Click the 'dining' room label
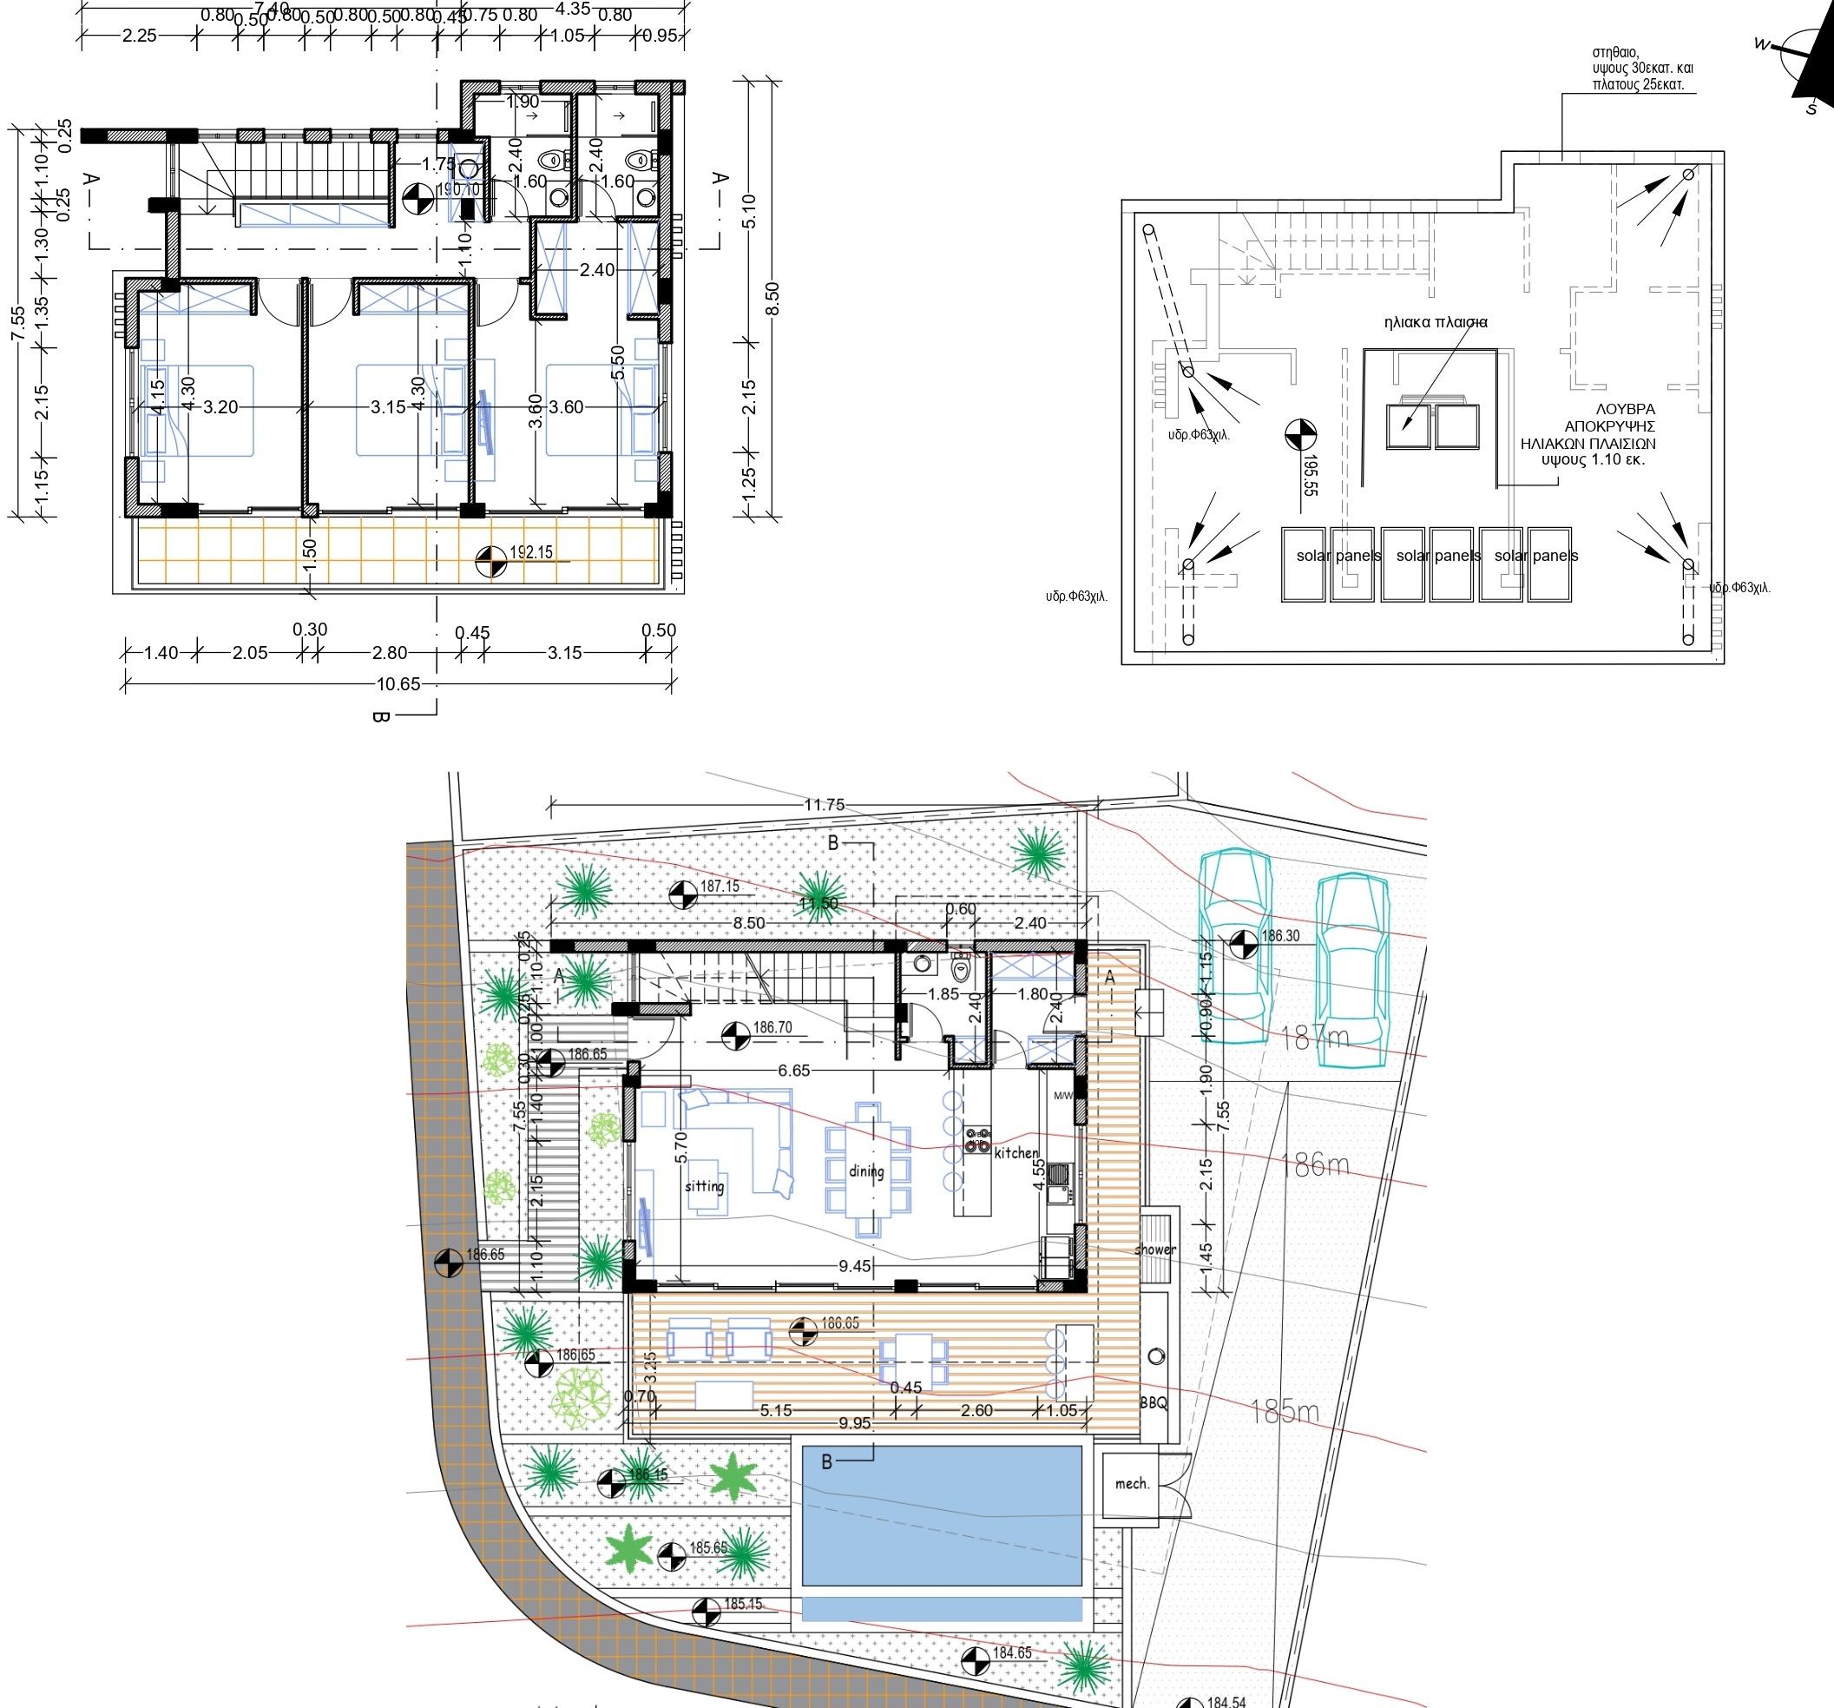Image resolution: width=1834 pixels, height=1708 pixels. [x=866, y=1171]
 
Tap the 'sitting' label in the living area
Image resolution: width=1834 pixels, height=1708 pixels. [x=704, y=1186]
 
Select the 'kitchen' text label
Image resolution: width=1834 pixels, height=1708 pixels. [x=1016, y=1152]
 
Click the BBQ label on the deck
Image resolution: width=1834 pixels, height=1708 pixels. [x=1154, y=1402]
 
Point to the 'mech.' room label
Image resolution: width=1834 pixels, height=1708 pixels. [x=1132, y=1484]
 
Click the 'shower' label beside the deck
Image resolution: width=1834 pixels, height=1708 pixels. [x=1155, y=1250]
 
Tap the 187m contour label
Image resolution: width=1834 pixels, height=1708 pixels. [x=1315, y=1039]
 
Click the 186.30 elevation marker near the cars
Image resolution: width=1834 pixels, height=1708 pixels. [x=1279, y=936]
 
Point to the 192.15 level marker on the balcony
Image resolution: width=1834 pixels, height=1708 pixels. [x=530, y=553]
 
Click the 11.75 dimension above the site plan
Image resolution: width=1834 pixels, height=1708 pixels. [x=824, y=805]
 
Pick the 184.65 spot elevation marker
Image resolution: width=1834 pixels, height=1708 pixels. [x=1012, y=1652]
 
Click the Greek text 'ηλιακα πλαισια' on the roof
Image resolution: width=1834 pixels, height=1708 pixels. [x=1436, y=323]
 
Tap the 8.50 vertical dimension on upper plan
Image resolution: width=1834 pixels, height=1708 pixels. [x=773, y=298]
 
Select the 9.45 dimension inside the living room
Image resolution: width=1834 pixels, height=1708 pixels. [x=854, y=1266]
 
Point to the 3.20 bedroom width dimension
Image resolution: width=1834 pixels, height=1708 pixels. [x=220, y=407]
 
